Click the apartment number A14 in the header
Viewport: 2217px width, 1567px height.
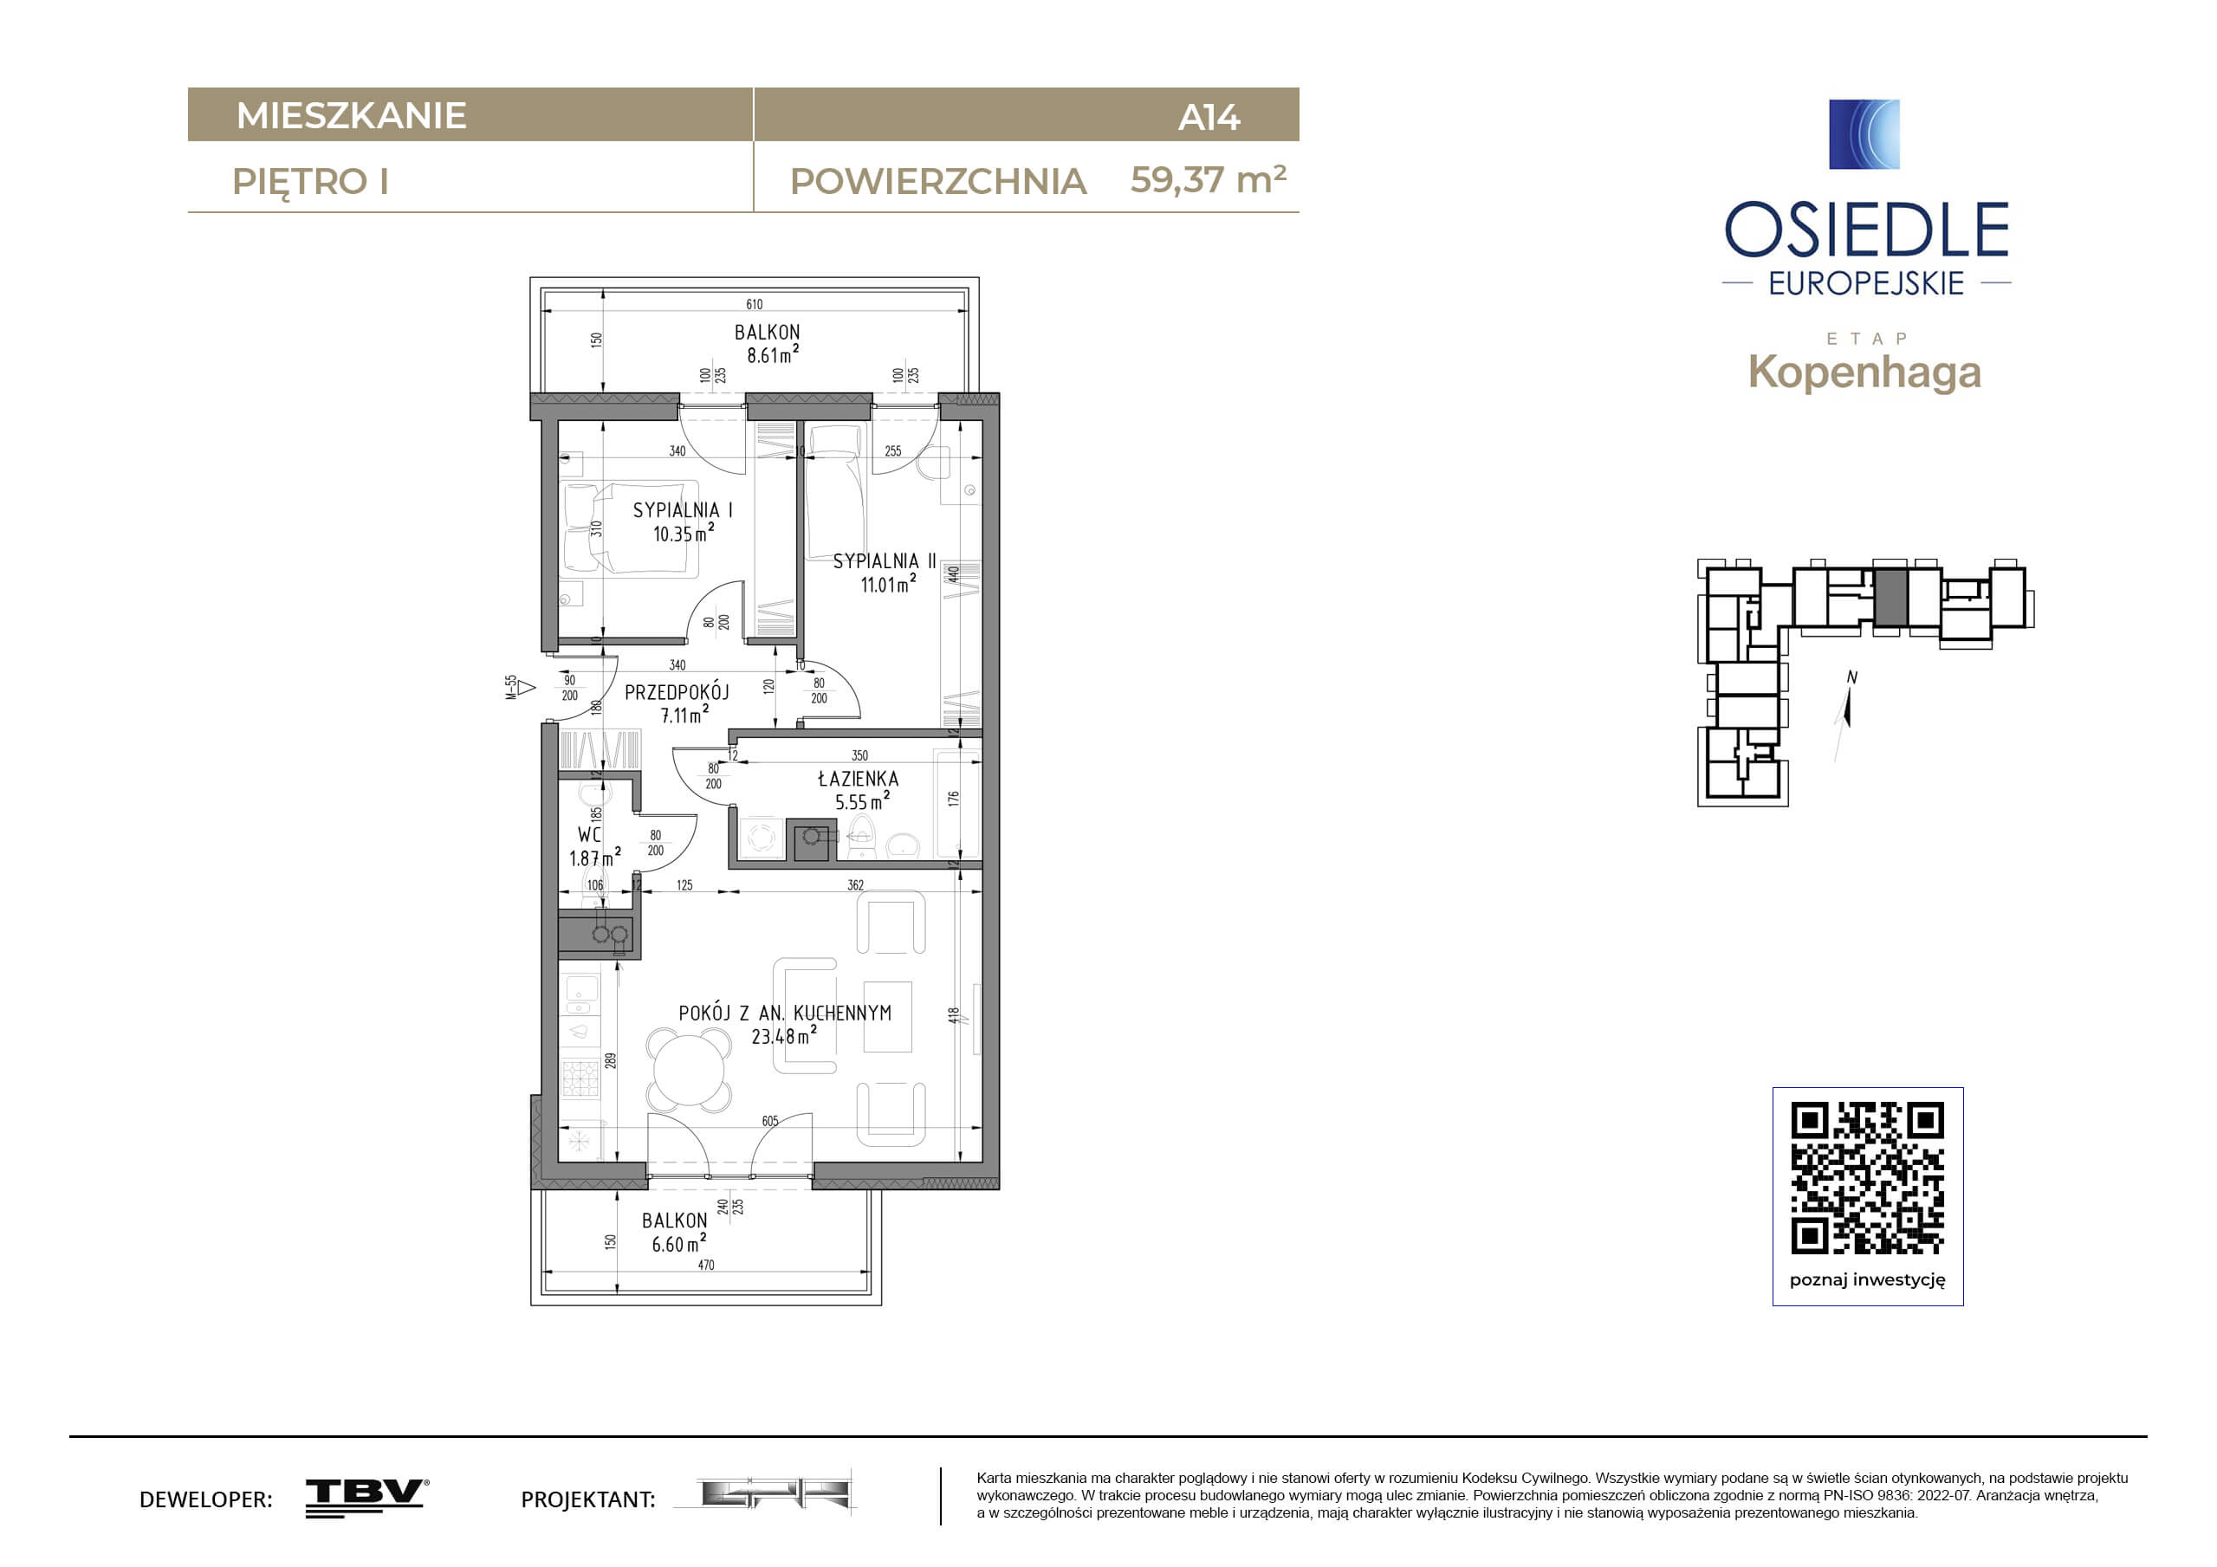coord(1209,118)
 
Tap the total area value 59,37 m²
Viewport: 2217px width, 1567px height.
coord(1208,179)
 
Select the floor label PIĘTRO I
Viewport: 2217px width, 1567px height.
coord(311,183)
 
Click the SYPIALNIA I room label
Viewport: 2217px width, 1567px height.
coord(683,510)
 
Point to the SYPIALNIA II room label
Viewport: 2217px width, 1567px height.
coord(885,561)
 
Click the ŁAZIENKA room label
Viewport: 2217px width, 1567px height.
coord(858,778)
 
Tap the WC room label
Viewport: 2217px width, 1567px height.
coord(589,834)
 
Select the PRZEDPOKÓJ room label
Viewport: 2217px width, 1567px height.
coord(677,691)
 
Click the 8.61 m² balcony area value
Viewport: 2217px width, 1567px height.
coord(773,354)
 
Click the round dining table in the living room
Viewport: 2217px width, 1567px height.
coord(689,1070)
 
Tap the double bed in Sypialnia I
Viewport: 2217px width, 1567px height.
coord(630,529)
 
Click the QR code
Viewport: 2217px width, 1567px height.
coord(1868,1177)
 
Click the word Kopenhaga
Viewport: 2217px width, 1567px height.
coord(1864,372)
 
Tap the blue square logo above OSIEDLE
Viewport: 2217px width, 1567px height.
coord(1864,134)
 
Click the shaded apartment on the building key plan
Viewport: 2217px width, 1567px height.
coord(1890,598)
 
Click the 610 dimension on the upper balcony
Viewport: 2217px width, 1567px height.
coord(754,304)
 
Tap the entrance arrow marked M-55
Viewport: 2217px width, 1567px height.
coord(525,688)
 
